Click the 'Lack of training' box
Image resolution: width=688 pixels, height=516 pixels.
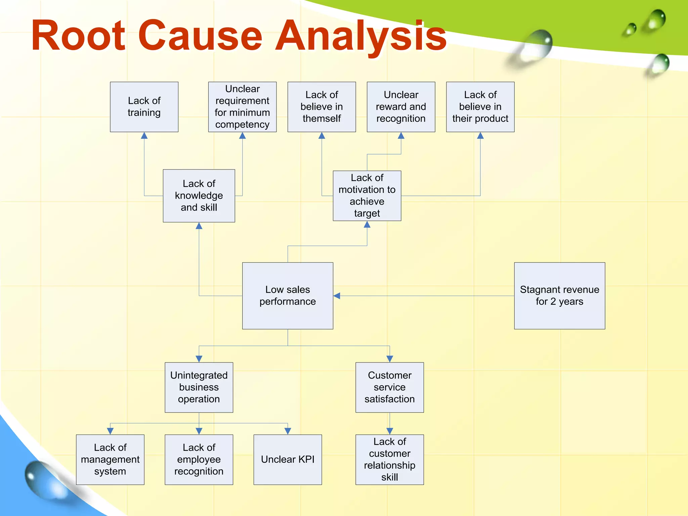(x=144, y=107)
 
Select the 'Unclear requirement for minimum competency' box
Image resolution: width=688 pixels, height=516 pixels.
(x=242, y=107)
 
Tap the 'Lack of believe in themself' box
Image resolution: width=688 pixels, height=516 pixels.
(x=321, y=107)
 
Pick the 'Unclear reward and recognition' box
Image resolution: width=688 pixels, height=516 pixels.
(x=401, y=107)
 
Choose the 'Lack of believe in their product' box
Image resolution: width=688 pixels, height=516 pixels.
(x=480, y=107)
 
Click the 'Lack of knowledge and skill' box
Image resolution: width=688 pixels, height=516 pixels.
(x=199, y=196)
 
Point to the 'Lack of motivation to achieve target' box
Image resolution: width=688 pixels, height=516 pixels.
(x=367, y=196)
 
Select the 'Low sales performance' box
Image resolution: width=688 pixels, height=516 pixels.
(x=288, y=296)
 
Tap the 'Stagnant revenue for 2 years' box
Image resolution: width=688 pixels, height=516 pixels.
(x=559, y=296)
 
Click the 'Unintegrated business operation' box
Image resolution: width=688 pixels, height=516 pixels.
(x=199, y=387)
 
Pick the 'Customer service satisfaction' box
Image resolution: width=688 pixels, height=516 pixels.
(x=389, y=387)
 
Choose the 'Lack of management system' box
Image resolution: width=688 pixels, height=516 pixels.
(x=110, y=459)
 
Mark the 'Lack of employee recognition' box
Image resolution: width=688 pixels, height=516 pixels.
(x=199, y=459)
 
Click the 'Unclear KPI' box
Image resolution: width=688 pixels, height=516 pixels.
(x=288, y=459)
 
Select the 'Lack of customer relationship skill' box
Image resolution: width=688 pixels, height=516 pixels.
(x=389, y=459)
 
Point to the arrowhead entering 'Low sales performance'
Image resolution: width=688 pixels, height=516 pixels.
(x=337, y=296)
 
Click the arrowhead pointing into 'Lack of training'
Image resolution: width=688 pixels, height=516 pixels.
(x=144, y=136)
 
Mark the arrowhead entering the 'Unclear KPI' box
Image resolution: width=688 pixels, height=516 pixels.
(x=288, y=431)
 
